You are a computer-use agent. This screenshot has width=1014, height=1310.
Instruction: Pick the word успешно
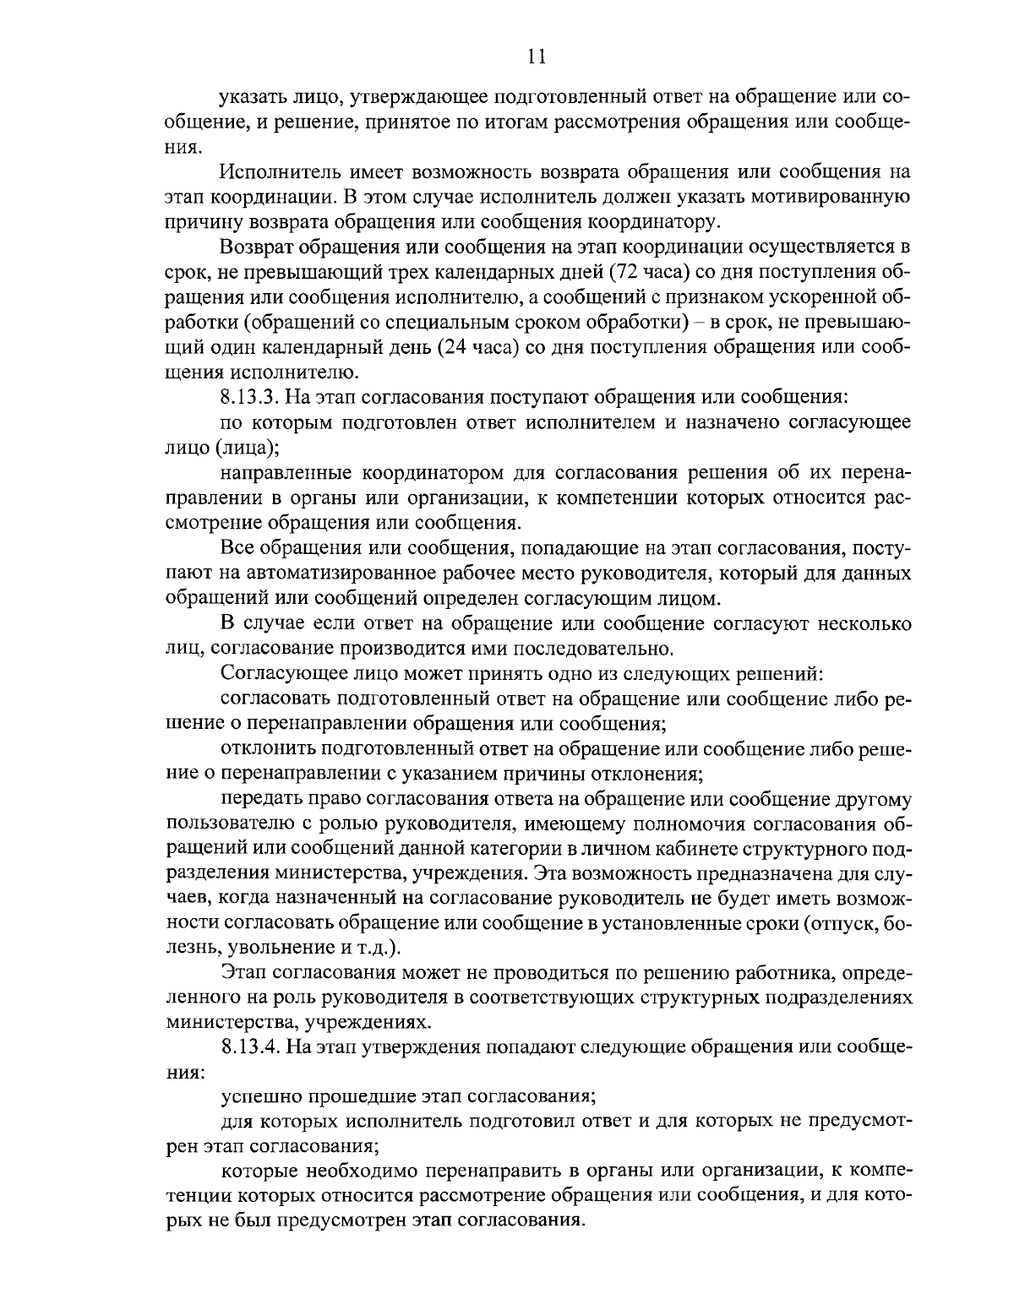coord(259,1098)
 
